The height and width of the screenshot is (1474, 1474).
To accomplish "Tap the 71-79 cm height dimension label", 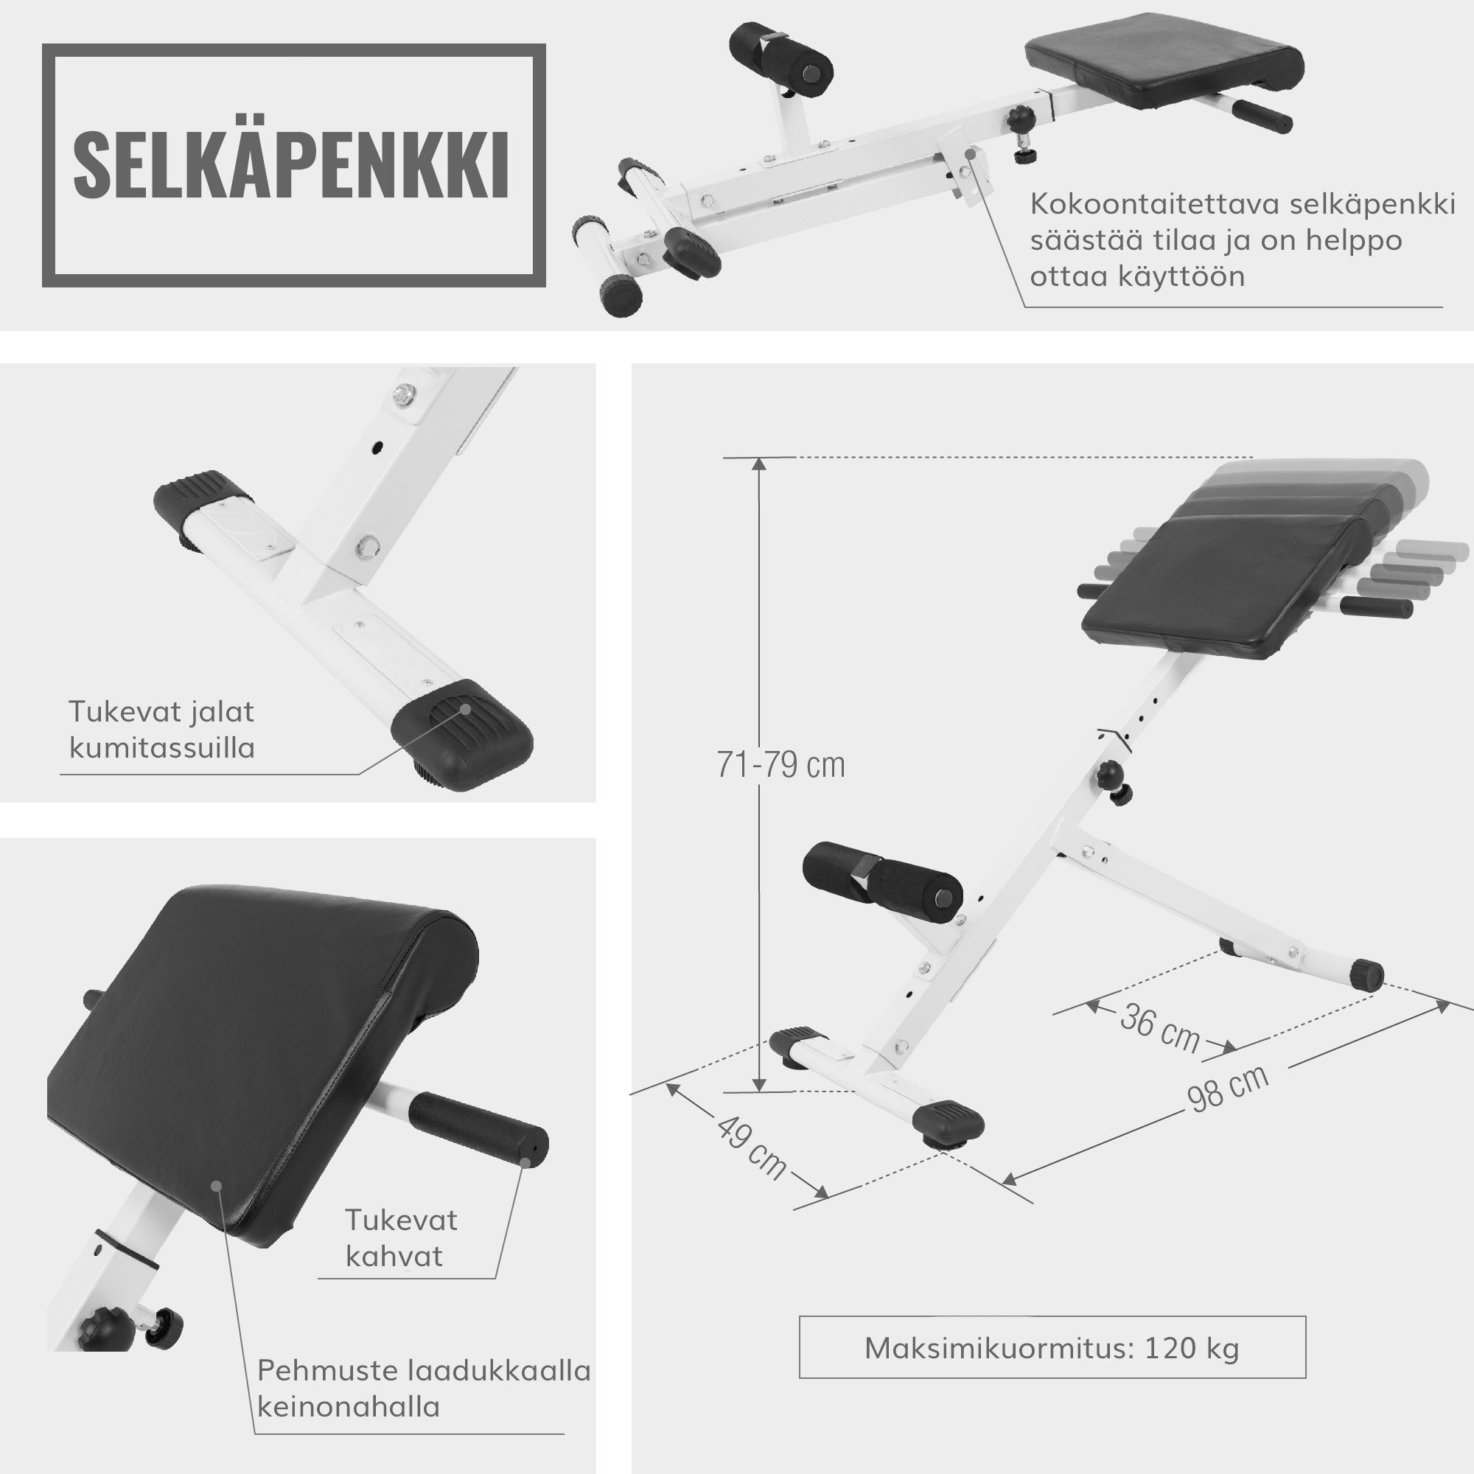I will (780, 765).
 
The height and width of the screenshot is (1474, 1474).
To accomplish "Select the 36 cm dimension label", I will (1159, 1028).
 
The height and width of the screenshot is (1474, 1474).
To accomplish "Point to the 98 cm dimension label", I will (1228, 1089).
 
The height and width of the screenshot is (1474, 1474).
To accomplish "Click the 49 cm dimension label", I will (751, 1148).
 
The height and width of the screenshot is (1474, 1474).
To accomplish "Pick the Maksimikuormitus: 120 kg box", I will (1052, 1348).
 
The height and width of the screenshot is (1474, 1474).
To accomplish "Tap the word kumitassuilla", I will (161, 747).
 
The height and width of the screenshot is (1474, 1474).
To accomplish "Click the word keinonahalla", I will (349, 1406).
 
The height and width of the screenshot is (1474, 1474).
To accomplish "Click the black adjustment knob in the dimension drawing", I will (1111, 777).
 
